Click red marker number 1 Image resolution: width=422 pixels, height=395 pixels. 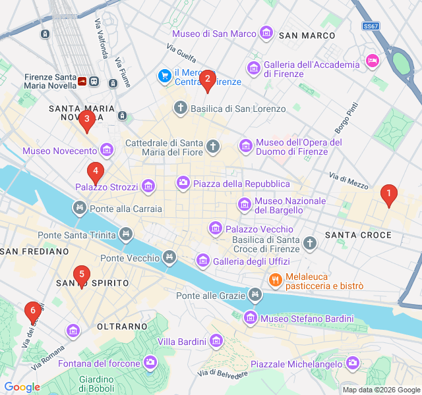pyautogui.click(x=388, y=194)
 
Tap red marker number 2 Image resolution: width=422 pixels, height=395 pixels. pyautogui.click(x=207, y=80)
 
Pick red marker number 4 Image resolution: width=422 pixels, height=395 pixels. pyautogui.click(x=96, y=172)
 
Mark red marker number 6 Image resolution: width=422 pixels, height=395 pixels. pyautogui.click(x=32, y=311)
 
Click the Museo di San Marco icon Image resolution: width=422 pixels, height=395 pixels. pyautogui.click(x=266, y=33)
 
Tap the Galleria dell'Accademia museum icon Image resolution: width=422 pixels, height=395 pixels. pyautogui.click(x=253, y=68)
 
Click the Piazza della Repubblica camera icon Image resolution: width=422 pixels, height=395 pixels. pyautogui.click(x=183, y=182)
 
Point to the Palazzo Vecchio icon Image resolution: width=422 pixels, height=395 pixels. pyautogui.click(x=215, y=228)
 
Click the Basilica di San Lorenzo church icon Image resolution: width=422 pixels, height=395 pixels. pyautogui.click(x=181, y=107)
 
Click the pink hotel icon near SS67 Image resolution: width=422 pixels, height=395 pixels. pyautogui.click(x=372, y=61)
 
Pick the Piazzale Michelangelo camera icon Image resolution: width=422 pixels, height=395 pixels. pyautogui.click(x=353, y=363)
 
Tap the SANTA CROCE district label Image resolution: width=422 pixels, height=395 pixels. pyautogui.click(x=358, y=235)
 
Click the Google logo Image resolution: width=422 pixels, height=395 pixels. pyautogui.click(x=22, y=387)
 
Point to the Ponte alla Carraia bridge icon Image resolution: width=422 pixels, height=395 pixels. pyautogui.click(x=80, y=209)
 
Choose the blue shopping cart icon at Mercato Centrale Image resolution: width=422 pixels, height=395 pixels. pyautogui.click(x=164, y=76)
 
